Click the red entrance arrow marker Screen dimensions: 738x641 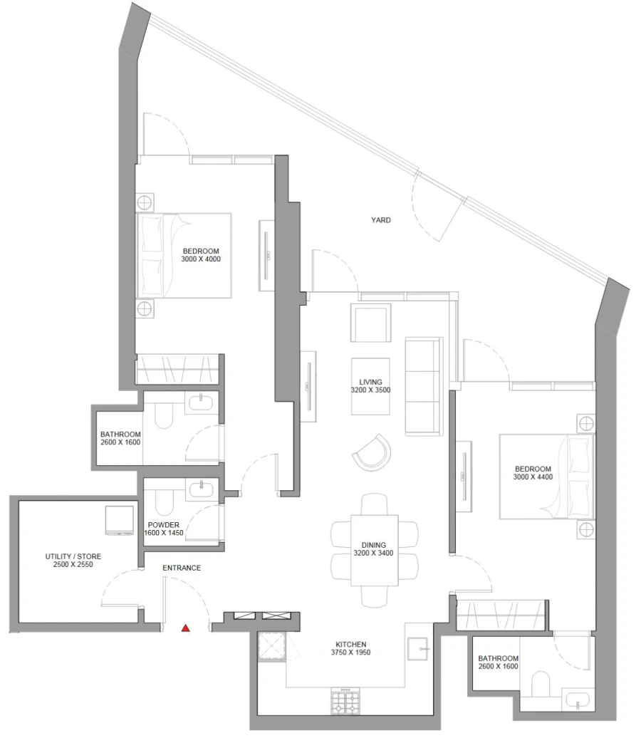click(186, 628)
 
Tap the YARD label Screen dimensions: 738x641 click(380, 220)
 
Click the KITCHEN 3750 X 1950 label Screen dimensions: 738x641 click(349, 648)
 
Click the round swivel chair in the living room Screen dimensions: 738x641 click(372, 452)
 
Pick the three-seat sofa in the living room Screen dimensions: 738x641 click(424, 385)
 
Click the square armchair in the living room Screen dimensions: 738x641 click(370, 323)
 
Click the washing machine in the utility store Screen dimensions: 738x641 click(120, 520)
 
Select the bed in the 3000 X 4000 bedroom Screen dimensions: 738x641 click(184, 255)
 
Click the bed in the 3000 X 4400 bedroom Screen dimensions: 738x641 click(546, 477)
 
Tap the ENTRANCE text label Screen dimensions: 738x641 click(182, 568)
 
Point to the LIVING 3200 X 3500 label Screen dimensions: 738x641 click(370, 386)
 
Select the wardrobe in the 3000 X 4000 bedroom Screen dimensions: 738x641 click(177, 370)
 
